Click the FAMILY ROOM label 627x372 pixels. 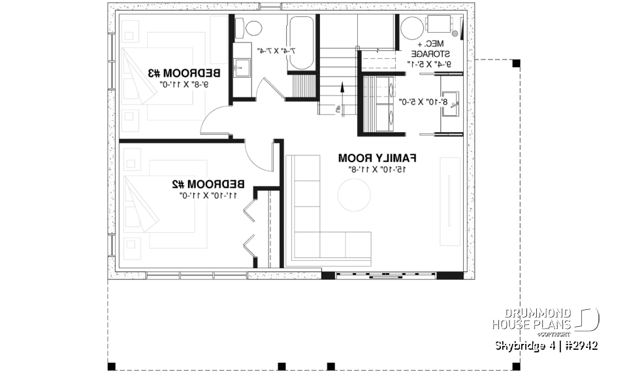pyautogui.click(x=378, y=158)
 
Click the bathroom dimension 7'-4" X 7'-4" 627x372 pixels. pyautogui.click(x=276, y=50)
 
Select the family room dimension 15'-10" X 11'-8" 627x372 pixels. pyautogui.click(x=377, y=169)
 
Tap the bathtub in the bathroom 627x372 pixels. pyautogui.click(x=301, y=44)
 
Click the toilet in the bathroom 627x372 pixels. pyautogui.click(x=250, y=27)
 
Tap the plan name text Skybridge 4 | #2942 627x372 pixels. pyautogui.click(x=546, y=345)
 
